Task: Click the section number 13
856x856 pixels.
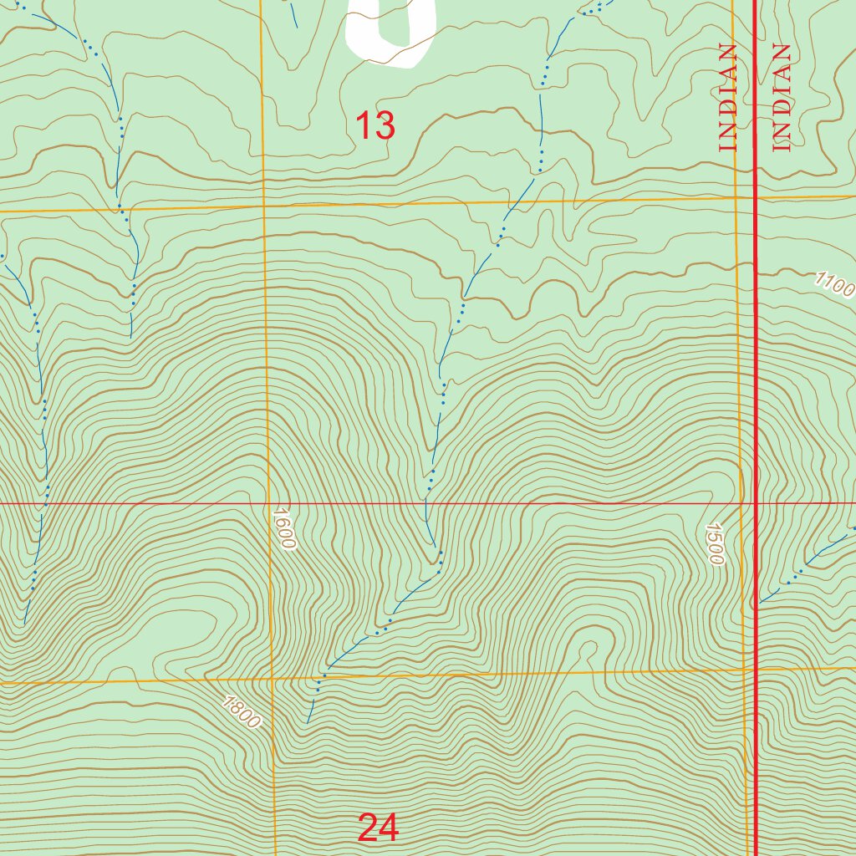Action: (x=375, y=126)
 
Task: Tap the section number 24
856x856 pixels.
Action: (x=378, y=828)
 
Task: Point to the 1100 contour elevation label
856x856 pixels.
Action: (x=835, y=285)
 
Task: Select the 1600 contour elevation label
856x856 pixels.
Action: (x=284, y=528)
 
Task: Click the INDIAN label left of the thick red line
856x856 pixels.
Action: (x=728, y=98)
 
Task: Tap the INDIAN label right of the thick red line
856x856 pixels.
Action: (x=782, y=98)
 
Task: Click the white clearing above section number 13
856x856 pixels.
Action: (x=391, y=33)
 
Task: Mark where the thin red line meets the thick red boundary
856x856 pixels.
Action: (x=756, y=504)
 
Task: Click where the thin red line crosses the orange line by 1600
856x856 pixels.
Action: (x=268, y=504)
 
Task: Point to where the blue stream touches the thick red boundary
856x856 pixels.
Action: (x=757, y=602)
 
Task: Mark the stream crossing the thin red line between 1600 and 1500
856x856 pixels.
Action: (x=427, y=504)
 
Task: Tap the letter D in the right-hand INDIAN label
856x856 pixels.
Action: (x=782, y=105)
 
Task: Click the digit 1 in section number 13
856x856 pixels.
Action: (x=363, y=126)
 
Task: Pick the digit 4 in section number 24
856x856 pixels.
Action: (x=389, y=828)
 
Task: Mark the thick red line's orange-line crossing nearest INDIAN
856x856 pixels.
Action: (x=756, y=198)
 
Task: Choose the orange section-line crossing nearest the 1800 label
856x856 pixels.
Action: (x=273, y=679)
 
